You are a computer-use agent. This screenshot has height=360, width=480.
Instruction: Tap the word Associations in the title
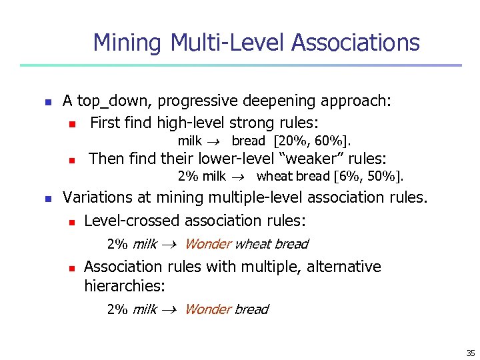click(x=356, y=43)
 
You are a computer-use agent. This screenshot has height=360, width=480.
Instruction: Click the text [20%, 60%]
click(x=312, y=141)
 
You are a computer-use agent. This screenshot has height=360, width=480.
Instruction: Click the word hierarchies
click(x=124, y=286)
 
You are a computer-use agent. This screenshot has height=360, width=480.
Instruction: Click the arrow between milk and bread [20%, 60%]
click(x=217, y=141)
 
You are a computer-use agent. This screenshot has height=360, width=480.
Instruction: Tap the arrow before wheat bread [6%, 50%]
click(x=241, y=177)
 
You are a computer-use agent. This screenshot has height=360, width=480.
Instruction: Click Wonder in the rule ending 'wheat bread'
click(x=207, y=244)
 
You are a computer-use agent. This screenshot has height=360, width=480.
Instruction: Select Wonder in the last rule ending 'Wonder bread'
click(x=207, y=309)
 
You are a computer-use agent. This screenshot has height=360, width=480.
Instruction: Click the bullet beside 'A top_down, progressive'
click(x=47, y=102)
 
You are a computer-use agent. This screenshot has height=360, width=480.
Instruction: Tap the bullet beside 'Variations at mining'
click(x=47, y=199)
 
